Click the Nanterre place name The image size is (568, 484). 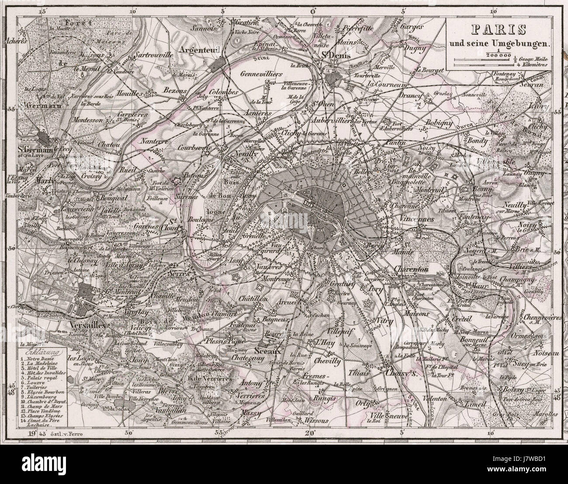[156, 142]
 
